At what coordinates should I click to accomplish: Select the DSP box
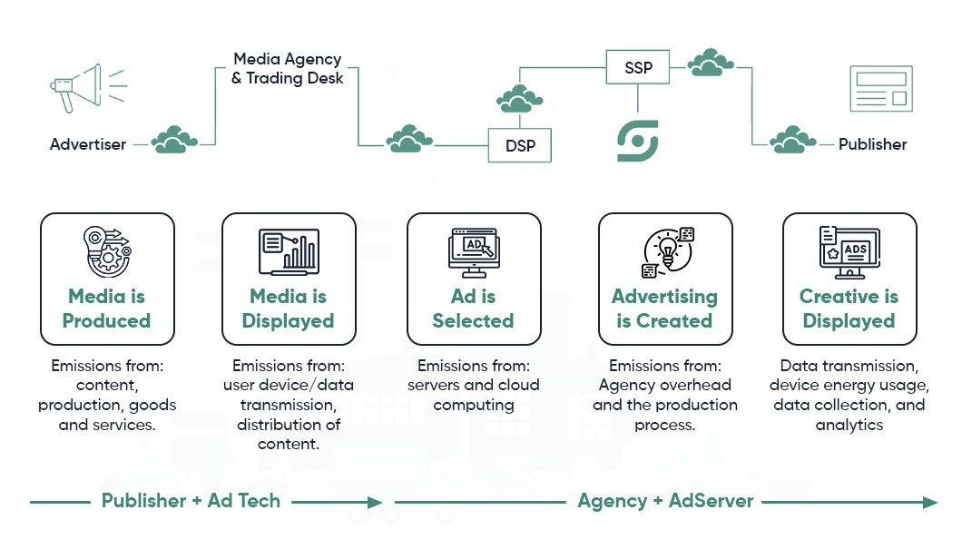[520, 145]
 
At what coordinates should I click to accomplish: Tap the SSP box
[638, 67]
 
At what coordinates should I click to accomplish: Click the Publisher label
[872, 144]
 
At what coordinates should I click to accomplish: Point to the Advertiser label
[88, 144]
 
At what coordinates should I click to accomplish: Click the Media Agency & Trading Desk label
[287, 68]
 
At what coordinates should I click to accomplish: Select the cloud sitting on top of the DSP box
[520, 97]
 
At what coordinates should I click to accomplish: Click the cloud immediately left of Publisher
[791, 141]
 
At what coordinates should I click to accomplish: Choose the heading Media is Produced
[106, 309]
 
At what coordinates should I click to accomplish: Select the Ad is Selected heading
[473, 309]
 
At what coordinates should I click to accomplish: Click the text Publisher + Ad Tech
[191, 501]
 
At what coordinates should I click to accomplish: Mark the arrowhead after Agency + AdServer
[930, 502]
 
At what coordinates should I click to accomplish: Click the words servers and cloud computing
[473, 395]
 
